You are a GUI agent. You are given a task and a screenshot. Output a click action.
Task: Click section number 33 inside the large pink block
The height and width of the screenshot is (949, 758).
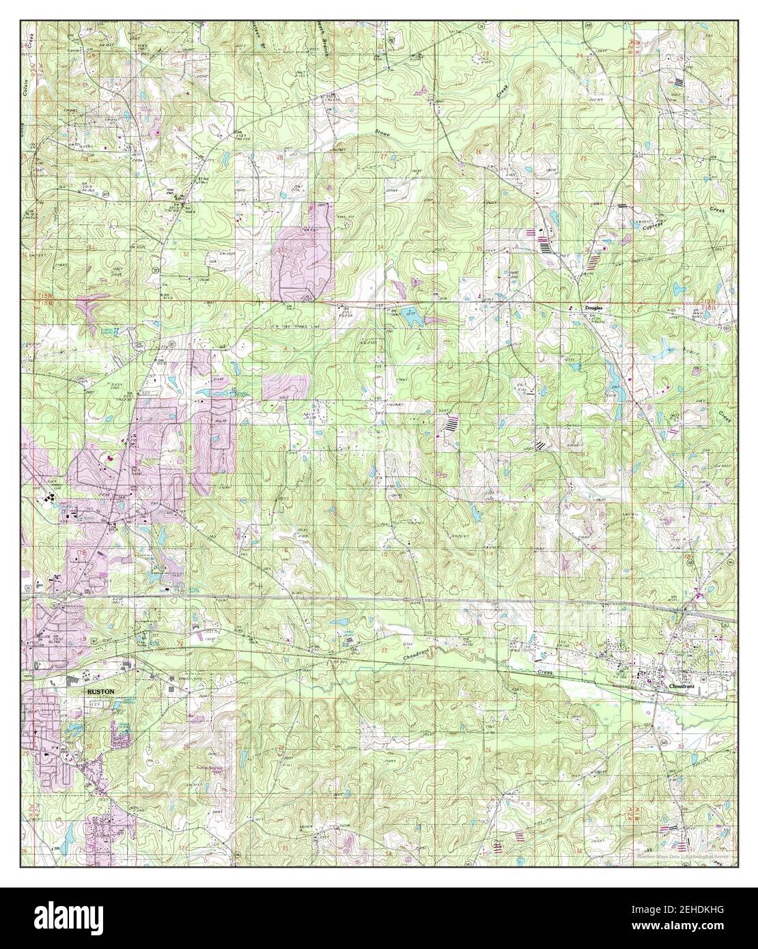click(x=283, y=251)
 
